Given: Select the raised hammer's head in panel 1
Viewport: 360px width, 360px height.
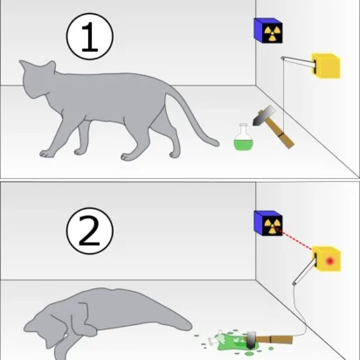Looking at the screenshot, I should click(260, 114).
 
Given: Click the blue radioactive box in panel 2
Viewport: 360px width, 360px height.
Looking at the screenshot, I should click(267, 225).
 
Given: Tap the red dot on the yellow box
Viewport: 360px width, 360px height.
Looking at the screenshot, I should click(329, 260).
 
